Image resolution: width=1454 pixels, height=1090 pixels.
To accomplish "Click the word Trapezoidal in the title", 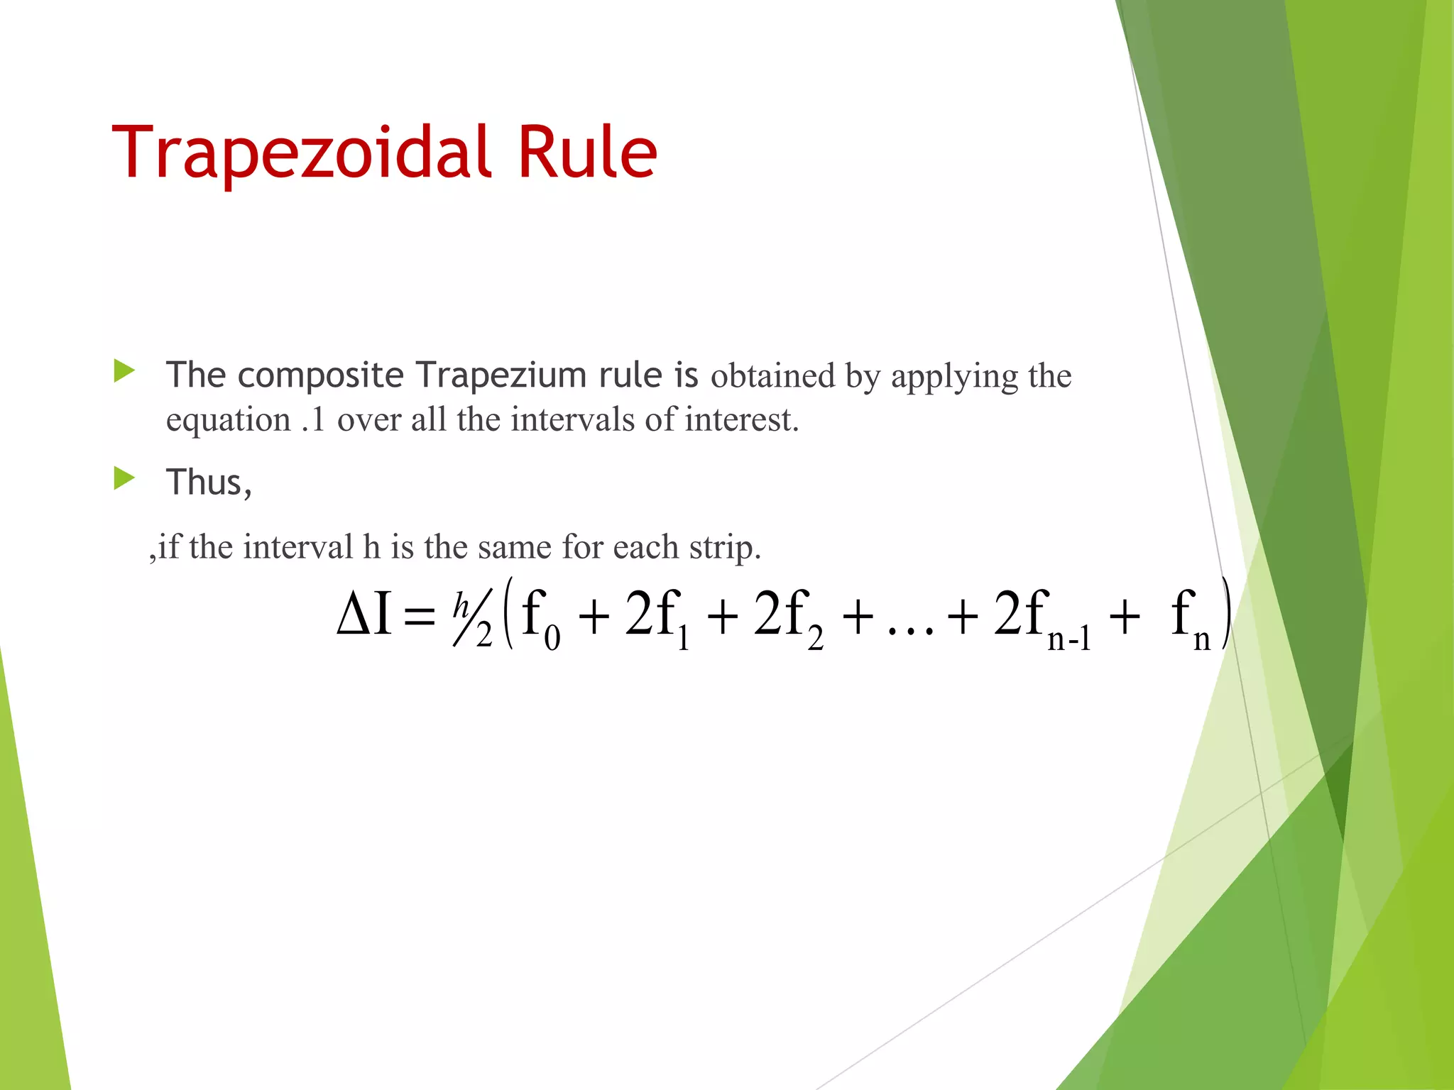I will (301, 153).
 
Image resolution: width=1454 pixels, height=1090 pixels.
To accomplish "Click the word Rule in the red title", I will (586, 153).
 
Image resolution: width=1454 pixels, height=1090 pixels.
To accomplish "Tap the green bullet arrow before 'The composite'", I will (124, 370).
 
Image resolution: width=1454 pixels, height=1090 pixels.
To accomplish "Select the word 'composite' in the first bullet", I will (320, 375).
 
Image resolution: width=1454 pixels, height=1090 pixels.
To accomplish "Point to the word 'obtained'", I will (773, 375).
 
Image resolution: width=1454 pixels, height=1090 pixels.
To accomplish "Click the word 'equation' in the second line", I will (228, 420).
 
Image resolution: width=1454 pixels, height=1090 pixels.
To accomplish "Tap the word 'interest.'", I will (741, 419).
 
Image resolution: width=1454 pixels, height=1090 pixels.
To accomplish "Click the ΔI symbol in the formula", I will (364, 614).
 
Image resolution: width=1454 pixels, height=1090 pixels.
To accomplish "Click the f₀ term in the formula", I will (540, 617).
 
